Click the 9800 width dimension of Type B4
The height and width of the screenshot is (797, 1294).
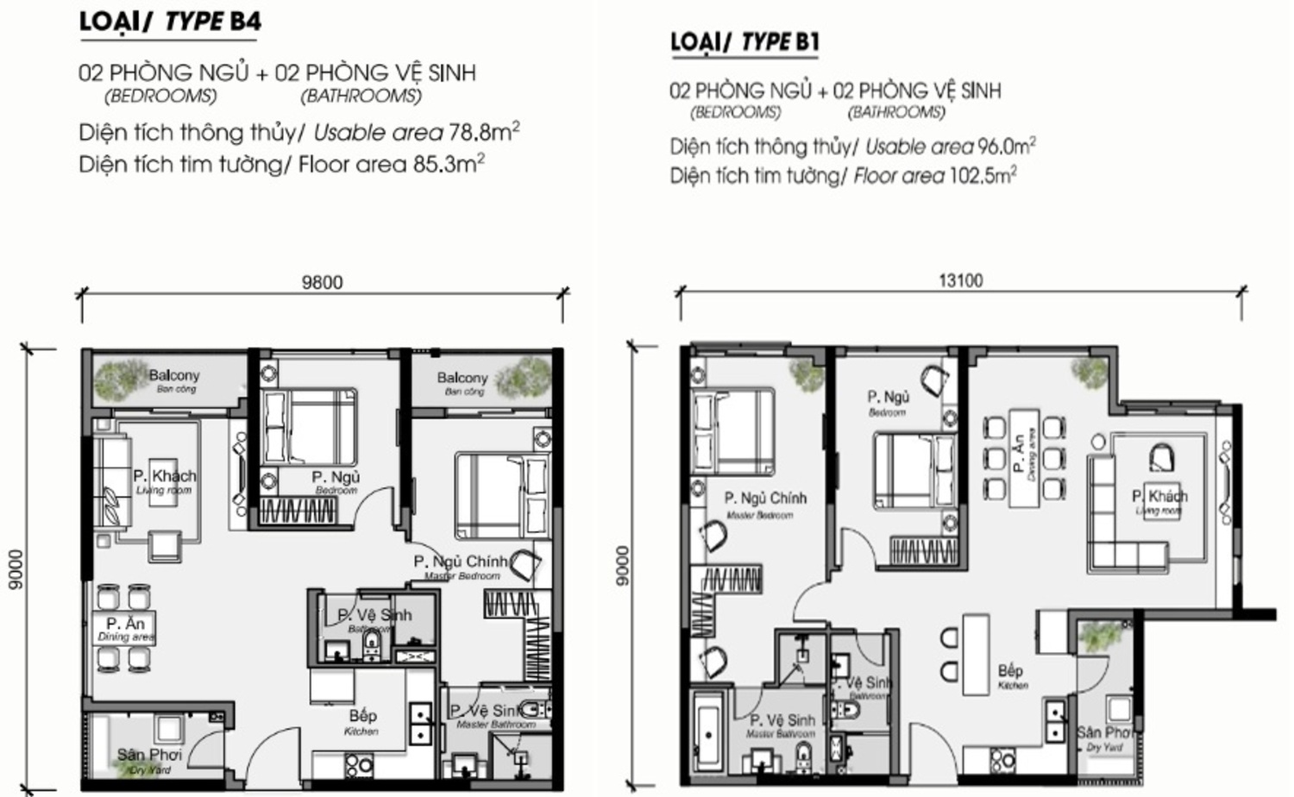pyautogui.click(x=322, y=282)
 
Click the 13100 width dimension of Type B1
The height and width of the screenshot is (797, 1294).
pyautogui.click(x=960, y=280)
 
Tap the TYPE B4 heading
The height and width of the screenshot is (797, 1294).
pyautogui.click(x=170, y=22)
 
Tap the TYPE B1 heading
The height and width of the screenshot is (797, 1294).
pyautogui.click(x=744, y=41)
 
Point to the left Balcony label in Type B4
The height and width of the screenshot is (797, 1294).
pyautogui.click(x=173, y=376)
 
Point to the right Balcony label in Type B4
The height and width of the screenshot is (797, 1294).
pyautogui.click(x=462, y=379)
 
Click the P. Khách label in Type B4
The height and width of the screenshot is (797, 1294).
pyautogui.click(x=164, y=477)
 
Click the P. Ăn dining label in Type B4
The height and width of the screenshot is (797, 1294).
pyautogui.click(x=125, y=624)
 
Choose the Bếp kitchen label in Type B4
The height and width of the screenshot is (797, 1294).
pyautogui.click(x=362, y=717)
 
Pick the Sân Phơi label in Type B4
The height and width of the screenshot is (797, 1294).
pyautogui.click(x=149, y=756)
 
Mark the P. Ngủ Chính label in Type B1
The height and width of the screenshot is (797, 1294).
pyautogui.click(x=764, y=499)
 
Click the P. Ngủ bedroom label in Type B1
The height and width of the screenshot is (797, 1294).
pyautogui.click(x=888, y=398)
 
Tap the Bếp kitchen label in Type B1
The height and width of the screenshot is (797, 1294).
pyautogui.click(x=1010, y=671)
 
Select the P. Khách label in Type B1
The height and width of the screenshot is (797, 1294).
pyautogui.click(x=1159, y=497)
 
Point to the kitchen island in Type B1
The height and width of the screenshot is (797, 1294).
pyautogui.click(x=976, y=654)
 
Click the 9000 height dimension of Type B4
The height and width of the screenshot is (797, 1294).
pyautogui.click(x=15, y=570)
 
